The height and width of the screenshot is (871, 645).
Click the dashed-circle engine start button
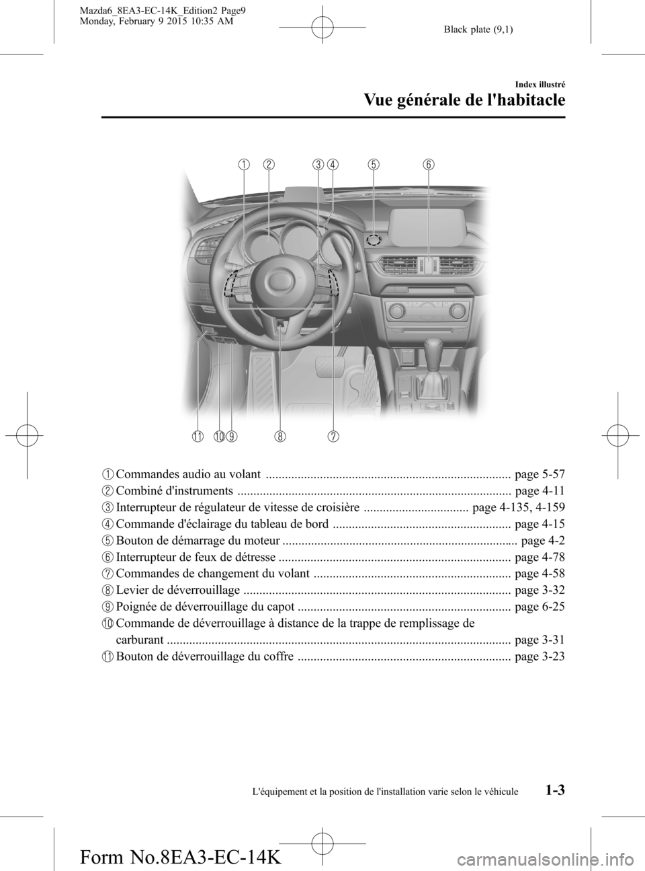pyautogui.click(x=375, y=239)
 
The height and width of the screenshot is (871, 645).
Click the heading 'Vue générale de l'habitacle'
pyautogui.click(x=464, y=100)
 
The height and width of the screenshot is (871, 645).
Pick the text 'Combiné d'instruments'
pyautogui.click(x=175, y=492)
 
